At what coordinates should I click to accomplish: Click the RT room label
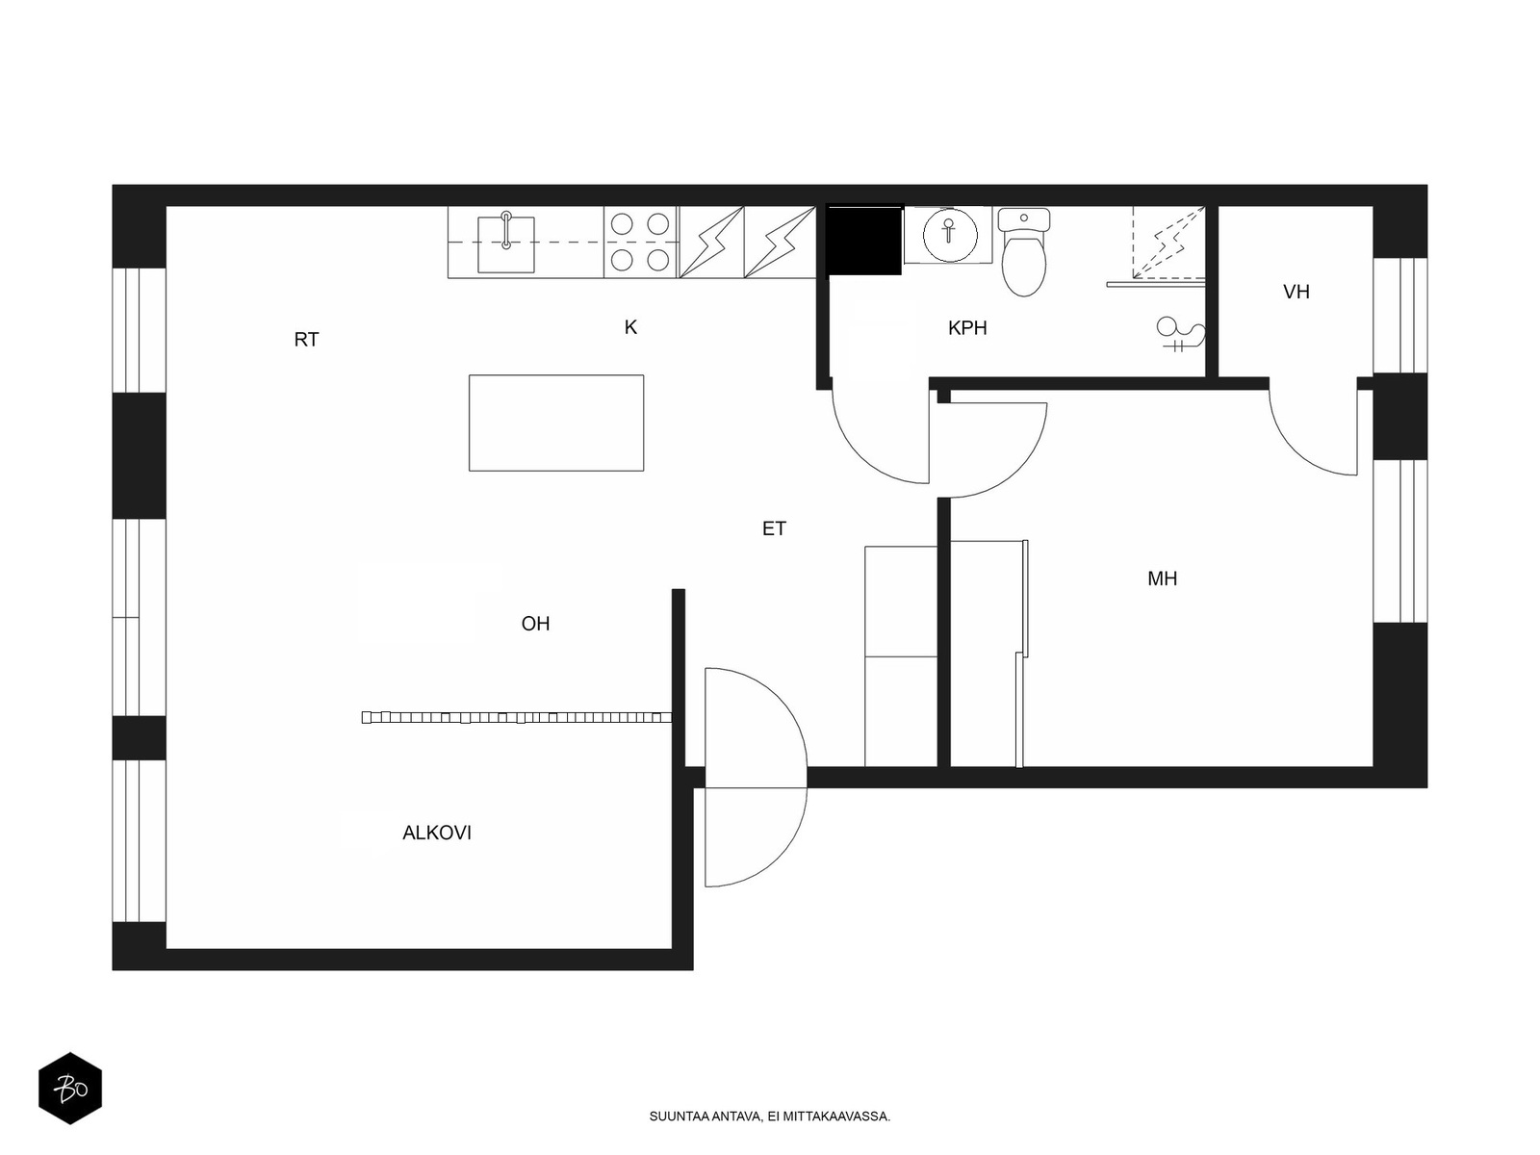(x=306, y=340)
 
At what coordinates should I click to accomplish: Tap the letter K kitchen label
(x=630, y=327)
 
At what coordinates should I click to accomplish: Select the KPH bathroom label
(x=966, y=327)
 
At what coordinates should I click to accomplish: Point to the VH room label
(x=1296, y=292)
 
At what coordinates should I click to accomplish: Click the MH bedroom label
(x=1162, y=578)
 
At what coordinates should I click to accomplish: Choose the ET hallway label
(x=774, y=528)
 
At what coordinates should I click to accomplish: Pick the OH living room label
(x=535, y=624)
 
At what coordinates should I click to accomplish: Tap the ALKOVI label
(x=436, y=833)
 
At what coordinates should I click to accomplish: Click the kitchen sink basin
(x=506, y=244)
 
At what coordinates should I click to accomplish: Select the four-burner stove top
(x=641, y=242)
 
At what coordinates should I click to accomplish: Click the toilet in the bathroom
(x=1024, y=252)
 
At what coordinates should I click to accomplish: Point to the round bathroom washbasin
(x=949, y=235)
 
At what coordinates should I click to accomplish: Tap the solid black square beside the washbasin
(x=863, y=239)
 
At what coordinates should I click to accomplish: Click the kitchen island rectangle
(x=556, y=423)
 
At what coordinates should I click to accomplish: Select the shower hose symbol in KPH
(x=1181, y=334)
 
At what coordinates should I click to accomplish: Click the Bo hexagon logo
(x=70, y=1089)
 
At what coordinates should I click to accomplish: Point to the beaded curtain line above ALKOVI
(x=516, y=717)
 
